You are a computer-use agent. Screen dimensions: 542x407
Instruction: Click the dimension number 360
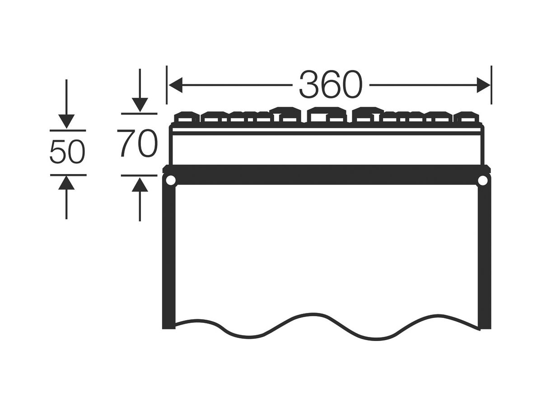(x=331, y=84)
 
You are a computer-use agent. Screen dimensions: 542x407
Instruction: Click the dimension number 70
(x=137, y=143)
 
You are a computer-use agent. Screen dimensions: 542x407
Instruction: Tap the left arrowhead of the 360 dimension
(x=176, y=85)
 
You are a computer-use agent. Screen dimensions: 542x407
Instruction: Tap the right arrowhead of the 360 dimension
(x=483, y=85)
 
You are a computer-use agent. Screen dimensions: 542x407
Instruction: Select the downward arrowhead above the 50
(x=66, y=121)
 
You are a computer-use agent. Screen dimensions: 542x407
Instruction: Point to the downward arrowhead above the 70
(x=140, y=105)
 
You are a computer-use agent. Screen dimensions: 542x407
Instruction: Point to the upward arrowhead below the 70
(x=140, y=185)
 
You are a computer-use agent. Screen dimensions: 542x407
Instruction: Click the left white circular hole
(x=171, y=180)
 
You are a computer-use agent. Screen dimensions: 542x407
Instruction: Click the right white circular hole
(x=483, y=180)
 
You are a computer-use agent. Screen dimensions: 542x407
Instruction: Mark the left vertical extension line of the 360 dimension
(x=167, y=85)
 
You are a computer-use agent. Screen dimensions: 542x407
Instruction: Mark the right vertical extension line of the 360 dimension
(x=491, y=85)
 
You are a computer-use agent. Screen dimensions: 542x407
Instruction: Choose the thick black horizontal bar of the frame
(x=327, y=175)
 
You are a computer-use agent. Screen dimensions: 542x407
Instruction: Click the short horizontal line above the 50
(x=68, y=130)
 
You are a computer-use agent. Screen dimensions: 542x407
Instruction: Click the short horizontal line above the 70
(x=139, y=114)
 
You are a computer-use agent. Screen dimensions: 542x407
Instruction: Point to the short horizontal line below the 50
(x=68, y=175)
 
